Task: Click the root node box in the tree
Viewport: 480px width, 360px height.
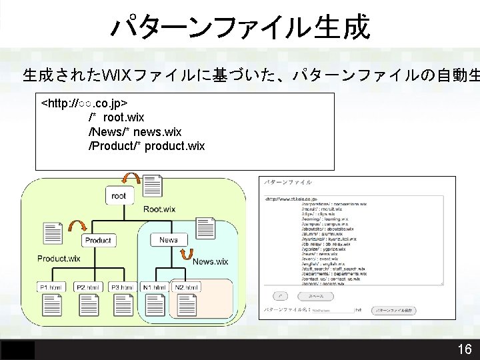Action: click(119, 196)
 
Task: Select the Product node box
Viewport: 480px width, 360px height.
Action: click(98, 240)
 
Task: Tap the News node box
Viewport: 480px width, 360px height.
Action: click(169, 239)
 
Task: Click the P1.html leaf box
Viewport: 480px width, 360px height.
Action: click(51, 287)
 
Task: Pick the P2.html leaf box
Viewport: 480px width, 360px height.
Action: click(88, 287)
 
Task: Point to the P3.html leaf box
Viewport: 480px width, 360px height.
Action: click(122, 287)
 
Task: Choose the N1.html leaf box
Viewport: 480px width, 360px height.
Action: click(155, 287)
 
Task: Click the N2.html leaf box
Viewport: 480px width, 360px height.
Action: click(186, 287)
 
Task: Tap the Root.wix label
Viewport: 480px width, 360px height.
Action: click(160, 209)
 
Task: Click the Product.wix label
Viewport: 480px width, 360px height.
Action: click(59, 258)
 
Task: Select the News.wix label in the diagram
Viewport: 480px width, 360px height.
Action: click(211, 261)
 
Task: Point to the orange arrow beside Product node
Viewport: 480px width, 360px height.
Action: click(75, 227)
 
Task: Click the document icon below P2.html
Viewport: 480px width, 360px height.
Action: click(88, 305)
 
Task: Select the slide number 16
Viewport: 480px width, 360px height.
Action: click(465, 349)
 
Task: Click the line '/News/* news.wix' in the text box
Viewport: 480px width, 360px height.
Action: click(135, 132)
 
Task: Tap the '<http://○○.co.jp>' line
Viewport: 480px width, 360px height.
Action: click(85, 104)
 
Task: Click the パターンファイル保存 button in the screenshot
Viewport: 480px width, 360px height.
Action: click(395, 310)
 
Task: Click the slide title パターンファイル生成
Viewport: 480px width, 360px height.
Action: click(240, 27)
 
